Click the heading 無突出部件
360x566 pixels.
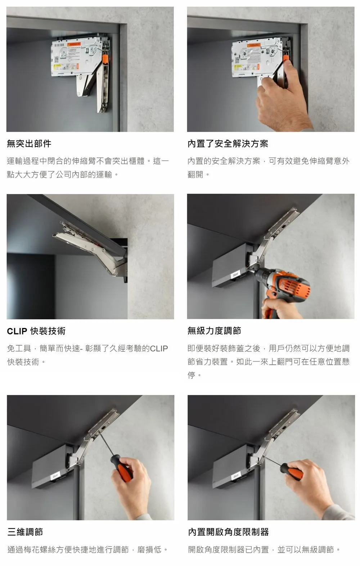(29, 144)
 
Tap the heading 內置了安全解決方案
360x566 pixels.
(228, 144)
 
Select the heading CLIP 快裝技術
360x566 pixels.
(36, 331)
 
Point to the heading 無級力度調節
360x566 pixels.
(214, 331)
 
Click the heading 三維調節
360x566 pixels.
(25, 532)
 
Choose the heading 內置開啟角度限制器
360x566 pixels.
(228, 532)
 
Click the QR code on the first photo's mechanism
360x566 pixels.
(56, 59)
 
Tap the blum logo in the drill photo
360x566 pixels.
(235, 275)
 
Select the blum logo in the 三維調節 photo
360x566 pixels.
(55, 476)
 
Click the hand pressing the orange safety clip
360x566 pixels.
(283, 101)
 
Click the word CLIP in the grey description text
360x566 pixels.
(159, 349)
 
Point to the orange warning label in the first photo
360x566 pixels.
(74, 44)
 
